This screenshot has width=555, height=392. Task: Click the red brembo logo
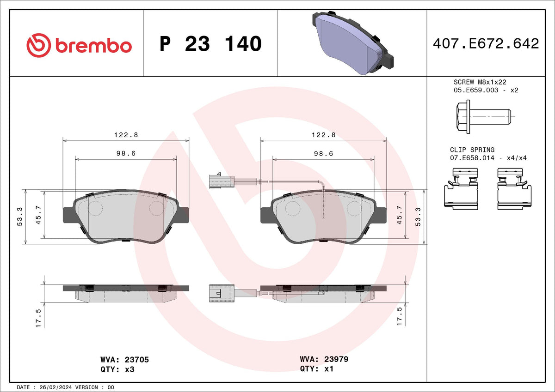coord(79,46)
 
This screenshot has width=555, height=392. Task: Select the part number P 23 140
coord(210,44)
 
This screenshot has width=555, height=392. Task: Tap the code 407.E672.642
coord(486,43)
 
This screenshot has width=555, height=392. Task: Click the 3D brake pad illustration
coord(352,43)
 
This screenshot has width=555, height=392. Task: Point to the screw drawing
coord(483,117)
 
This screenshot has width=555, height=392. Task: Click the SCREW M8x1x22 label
coord(480,82)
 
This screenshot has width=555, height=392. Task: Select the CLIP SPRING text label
coord(472,150)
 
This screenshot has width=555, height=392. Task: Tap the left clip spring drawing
coord(461,189)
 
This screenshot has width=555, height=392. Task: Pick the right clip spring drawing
coord(514,189)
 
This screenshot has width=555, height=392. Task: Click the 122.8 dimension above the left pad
coord(126,135)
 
